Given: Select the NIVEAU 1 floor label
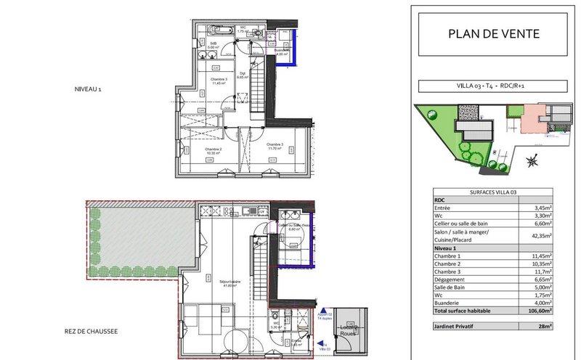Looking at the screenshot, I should pyautogui.click(x=93, y=89).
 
